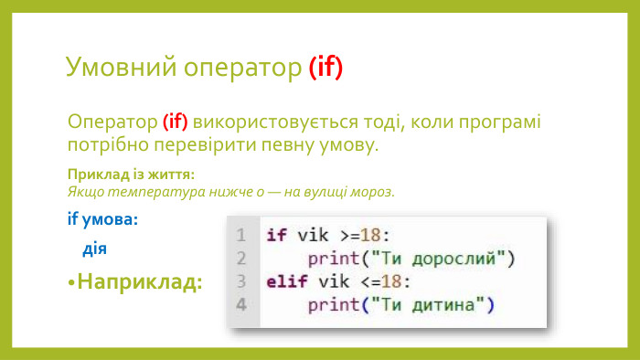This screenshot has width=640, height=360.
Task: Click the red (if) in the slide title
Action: [x=325, y=67]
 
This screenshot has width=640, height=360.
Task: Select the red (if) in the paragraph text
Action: [x=175, y=122]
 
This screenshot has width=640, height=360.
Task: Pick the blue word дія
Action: [x=95, y=249]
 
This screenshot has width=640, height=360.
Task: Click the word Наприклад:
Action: [x=140, y=281]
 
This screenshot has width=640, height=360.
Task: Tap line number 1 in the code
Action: [x=240, y=235]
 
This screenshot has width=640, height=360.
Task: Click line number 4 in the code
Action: [x=240, y=303]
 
